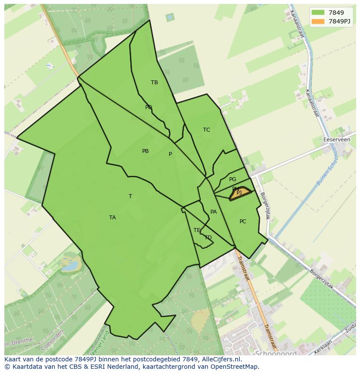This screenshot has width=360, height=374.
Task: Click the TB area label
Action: pos(154,83)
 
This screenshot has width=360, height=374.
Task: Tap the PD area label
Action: pos(149,107)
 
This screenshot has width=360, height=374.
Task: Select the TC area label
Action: pos(207,130)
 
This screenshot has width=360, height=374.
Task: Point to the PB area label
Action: pos(145,151)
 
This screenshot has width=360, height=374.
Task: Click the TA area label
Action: pos(113,218)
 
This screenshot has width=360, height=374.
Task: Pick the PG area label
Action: pos(233,179)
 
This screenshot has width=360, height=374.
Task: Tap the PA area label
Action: pos(213,212)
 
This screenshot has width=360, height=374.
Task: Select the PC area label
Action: pos(243,222)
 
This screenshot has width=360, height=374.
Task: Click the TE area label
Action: pos(197,230)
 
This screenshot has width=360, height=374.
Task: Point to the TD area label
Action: pos(208,238)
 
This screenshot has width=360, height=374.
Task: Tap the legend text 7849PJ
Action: pos(340,22)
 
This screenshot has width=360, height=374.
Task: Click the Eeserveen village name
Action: pos(337,140)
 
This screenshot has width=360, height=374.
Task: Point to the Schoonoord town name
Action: pos(276,353)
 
